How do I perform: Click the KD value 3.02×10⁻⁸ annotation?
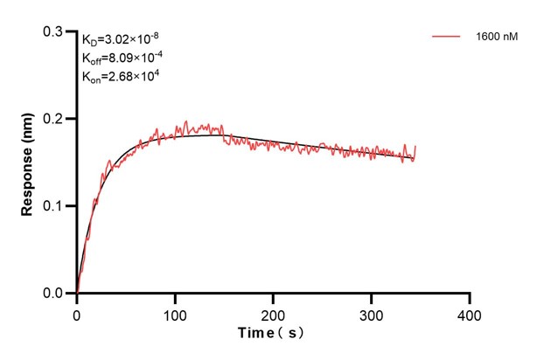click(x=121, y=39)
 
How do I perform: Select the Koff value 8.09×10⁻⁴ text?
click(x=121, y=58)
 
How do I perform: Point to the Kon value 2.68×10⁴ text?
click(x=121, y=76)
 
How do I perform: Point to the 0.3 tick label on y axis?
click(x=53, y=31)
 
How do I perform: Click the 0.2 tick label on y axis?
click(x=53, y=119)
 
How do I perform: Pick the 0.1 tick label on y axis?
click(x=53, y=206)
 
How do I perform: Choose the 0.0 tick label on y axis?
click(x=53, y=294)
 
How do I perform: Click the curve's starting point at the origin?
click(x=77, y=293)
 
